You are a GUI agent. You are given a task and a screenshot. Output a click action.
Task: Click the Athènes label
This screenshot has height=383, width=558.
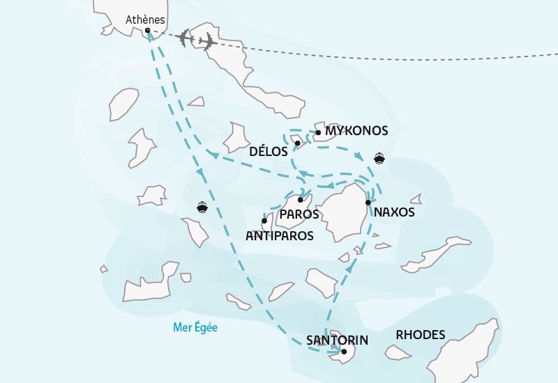coord(145,19)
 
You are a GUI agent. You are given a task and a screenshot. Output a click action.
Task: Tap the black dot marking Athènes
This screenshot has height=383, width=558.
coord(148,30)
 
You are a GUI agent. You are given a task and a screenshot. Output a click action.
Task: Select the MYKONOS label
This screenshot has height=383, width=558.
coord(356,131)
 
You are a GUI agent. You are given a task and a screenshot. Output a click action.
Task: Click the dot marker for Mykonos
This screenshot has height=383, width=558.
coord(318,132)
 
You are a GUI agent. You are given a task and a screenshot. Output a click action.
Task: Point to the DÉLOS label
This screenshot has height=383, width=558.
coord(269,150)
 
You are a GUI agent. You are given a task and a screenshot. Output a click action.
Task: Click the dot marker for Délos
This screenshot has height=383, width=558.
coord(297,143)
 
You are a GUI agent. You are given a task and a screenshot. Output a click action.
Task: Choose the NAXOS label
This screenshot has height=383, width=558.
coord(394,212)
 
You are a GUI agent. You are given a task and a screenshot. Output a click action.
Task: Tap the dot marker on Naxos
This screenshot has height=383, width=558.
coord(368,203)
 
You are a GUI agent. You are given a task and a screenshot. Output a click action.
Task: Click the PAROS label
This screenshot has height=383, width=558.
coord(299,214)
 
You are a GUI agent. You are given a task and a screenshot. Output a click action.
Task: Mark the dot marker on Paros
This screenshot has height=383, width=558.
coord(300,200)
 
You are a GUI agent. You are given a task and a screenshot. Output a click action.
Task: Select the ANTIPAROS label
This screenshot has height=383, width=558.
coord(280,236)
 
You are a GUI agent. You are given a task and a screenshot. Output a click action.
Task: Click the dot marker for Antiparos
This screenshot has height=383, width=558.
coord(264,221)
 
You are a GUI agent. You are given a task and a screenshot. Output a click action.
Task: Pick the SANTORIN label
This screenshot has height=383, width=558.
coord(337,341)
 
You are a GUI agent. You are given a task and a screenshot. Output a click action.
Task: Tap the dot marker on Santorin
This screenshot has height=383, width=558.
coord(344,352)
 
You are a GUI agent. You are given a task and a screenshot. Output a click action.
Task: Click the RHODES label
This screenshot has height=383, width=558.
coord(420,335)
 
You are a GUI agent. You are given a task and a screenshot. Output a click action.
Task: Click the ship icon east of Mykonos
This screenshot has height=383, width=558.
coord(379,157)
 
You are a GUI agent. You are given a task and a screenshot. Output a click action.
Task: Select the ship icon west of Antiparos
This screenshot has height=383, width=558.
coord(202,207)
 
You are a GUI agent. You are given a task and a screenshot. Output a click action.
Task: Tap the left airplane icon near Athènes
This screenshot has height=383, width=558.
coord(185,38)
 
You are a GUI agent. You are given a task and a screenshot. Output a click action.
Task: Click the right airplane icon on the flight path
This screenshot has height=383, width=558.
coord(206,42)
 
